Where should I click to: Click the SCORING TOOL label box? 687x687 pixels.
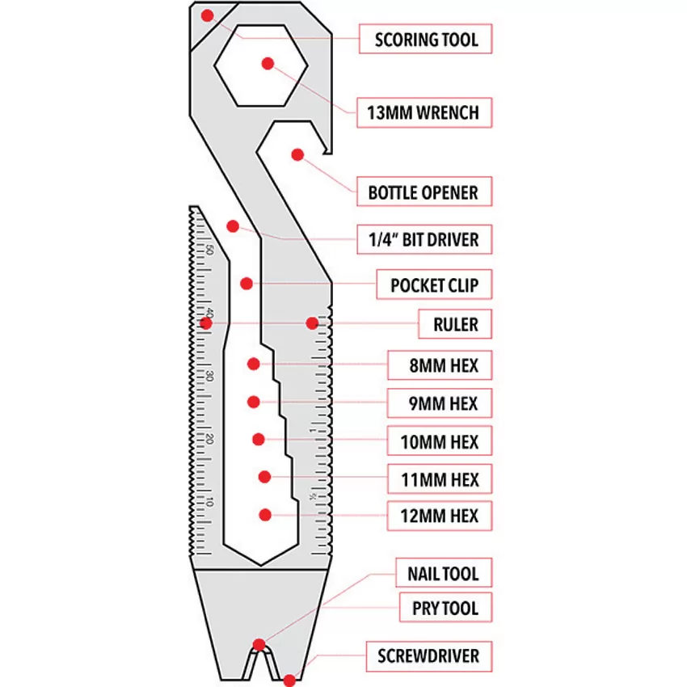[425, 39]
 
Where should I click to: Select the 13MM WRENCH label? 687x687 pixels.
[424, 112]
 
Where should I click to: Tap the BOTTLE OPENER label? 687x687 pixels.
[424, 192]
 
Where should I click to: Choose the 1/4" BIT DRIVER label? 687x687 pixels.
[424, 239]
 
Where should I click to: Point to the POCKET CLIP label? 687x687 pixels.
[434, 284]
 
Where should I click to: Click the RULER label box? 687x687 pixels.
[455, 324]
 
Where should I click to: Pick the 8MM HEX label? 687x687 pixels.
[440, 365]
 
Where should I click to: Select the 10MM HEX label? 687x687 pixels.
[440, 440]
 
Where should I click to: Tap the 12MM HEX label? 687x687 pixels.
[440, 516]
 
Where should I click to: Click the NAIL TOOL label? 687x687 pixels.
[444, 573]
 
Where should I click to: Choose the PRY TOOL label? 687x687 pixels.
[445, 607]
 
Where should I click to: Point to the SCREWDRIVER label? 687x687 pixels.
[429, 656]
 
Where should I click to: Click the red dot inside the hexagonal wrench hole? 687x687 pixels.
[268, 64]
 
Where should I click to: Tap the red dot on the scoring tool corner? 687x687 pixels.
[207, 16]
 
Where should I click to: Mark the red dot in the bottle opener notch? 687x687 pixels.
[297, 154]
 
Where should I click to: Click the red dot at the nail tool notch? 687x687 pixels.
[259, 644]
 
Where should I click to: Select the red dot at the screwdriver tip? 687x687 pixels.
[289, 681]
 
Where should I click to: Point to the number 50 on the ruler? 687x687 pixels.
[209, 251]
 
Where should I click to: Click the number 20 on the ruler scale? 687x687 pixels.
[209, 439]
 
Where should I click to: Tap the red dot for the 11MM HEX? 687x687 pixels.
[264, 477]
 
